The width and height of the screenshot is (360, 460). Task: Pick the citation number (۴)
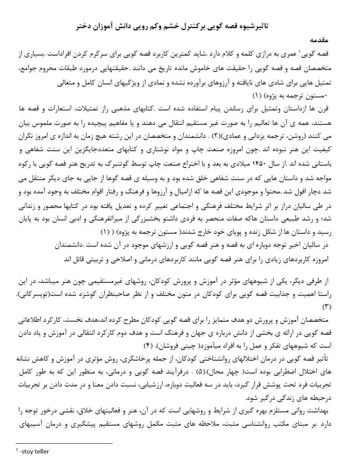[x=147, y=346]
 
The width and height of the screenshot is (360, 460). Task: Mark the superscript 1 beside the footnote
[x=17, y=450]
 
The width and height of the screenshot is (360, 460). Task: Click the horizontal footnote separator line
[x=64, y=443]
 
